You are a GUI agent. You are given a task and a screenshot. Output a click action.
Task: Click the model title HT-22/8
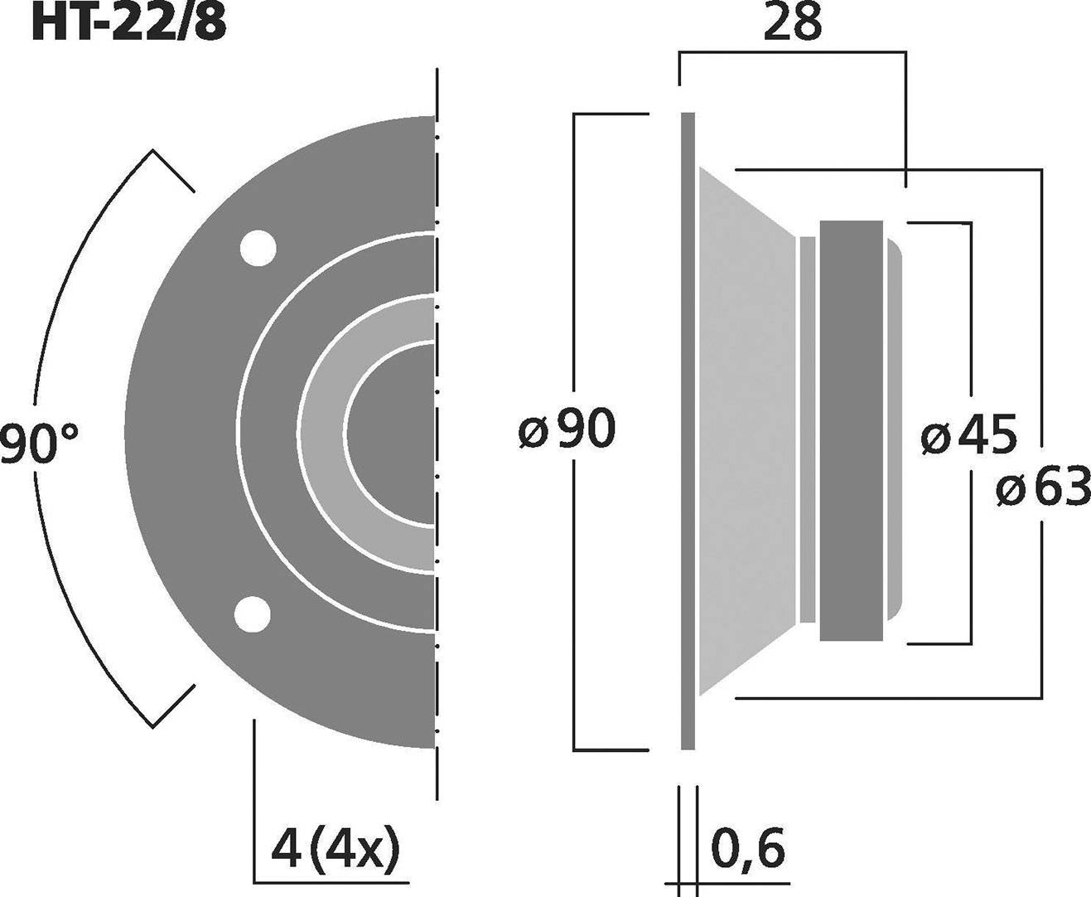[128, 23]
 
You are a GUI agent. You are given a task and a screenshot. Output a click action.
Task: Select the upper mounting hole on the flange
[258, 247]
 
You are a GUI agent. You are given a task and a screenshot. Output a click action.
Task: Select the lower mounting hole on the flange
[253, 614]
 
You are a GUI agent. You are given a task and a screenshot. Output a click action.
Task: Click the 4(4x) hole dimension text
[336, 850]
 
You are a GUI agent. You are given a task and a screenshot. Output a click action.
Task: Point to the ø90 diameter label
[568, 429]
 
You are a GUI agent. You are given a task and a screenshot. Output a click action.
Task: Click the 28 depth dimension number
[792, 23]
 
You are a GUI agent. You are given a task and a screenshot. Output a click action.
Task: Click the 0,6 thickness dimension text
[747, 848]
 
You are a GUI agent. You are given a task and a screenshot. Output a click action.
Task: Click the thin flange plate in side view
[688, 431]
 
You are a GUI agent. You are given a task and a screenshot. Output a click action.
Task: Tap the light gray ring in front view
[323, 431]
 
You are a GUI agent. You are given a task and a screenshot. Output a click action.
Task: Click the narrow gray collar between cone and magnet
[807, 431]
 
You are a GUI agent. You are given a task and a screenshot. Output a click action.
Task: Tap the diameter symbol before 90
[534, 431]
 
